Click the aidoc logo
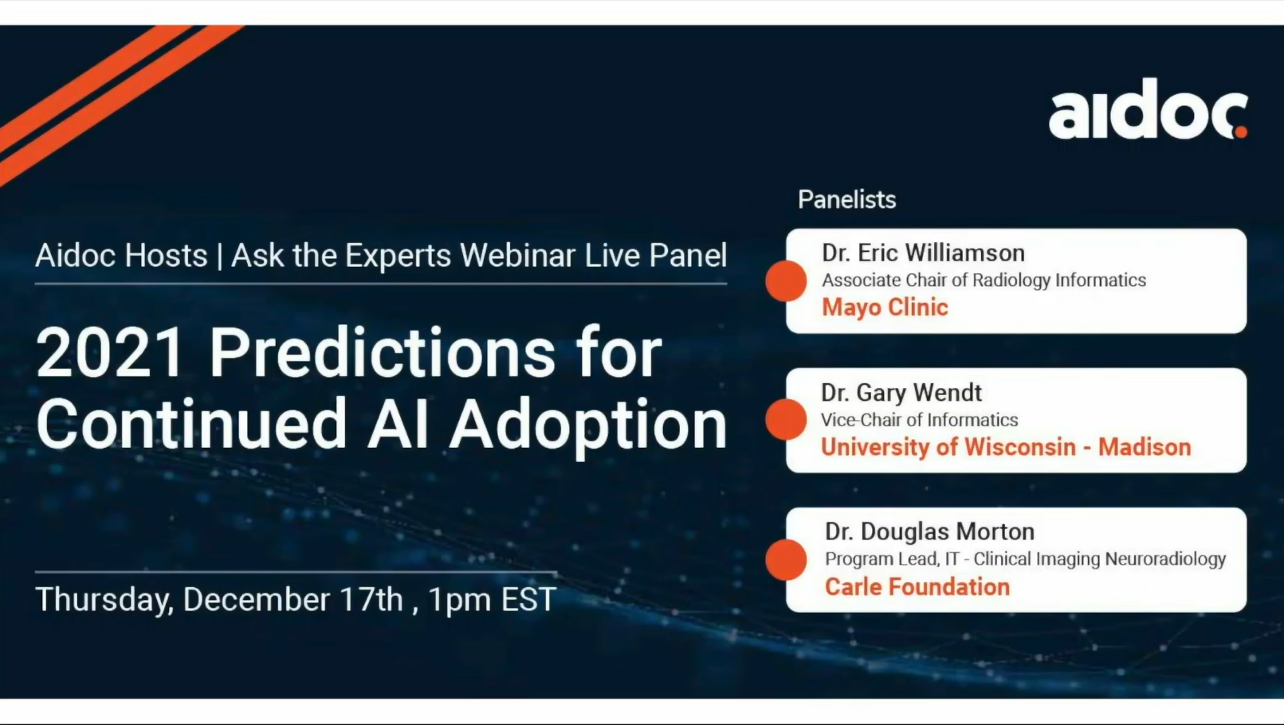point(1149,109)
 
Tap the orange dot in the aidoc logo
point(1240,132)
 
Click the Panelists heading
point(846,200)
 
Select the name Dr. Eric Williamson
point(924,253)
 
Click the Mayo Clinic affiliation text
point(885,308)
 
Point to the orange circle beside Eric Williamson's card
point(787,280)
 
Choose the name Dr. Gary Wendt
point(901,393)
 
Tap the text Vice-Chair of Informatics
point(920,420)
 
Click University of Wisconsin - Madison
point(1006,447)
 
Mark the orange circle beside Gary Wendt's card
point(787,420)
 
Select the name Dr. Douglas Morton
point(930,532)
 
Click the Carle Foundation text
point(917,587)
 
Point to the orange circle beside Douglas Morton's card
point(787,559)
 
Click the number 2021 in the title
point(110,353)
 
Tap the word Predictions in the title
point(383,353)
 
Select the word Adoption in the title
point(588,425)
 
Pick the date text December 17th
point(293,599)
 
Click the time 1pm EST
point(492,600)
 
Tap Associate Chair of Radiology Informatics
point(984,280)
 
